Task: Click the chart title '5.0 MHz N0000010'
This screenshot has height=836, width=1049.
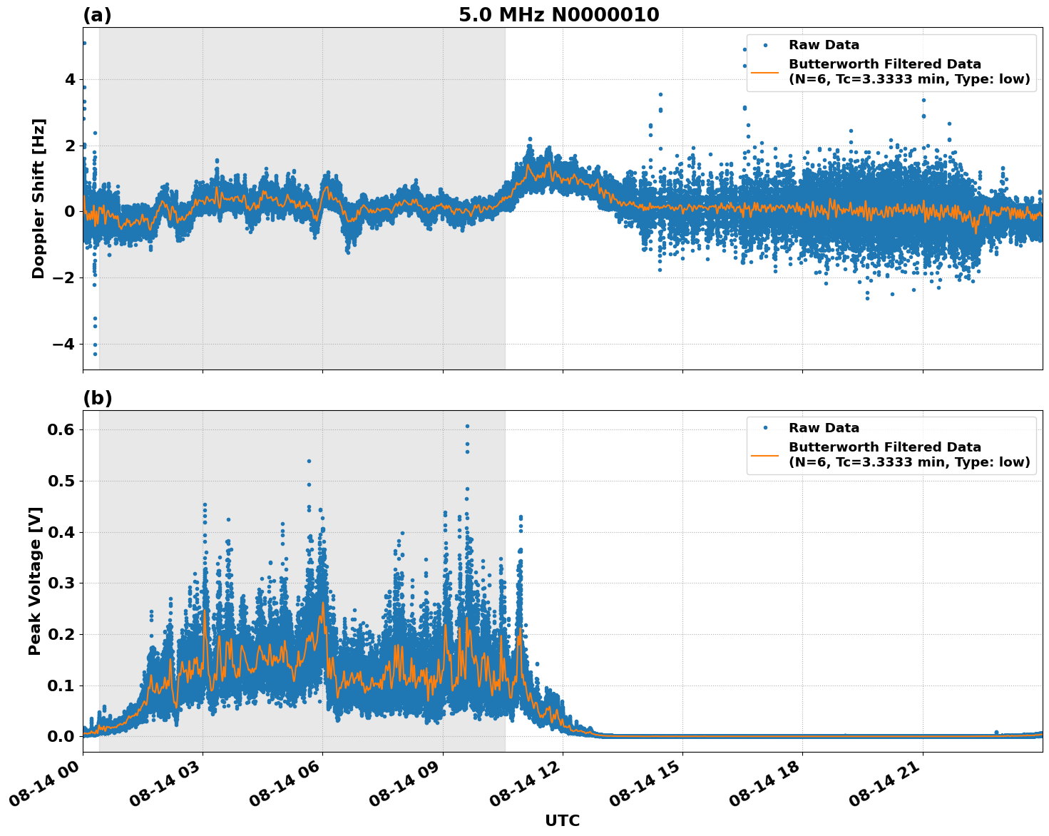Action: [x=558, y=15]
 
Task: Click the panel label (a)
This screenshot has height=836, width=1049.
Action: [x=97, y=15]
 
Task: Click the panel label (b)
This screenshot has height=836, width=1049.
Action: [x=97, y=398]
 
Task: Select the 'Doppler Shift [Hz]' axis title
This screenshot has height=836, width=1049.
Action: [x=39, y=198]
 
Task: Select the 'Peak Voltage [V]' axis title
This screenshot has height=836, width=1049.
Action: [x=35, y=581]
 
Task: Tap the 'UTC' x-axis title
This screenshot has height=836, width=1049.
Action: [x=562, y=820]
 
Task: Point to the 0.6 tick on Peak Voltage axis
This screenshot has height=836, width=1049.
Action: [x=62, y=429]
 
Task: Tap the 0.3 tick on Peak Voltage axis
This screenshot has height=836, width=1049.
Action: [x=62, y=583]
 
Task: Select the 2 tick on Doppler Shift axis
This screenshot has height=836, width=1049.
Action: [x=69, y=146]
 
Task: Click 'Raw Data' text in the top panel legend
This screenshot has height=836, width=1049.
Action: [x=824, y=45]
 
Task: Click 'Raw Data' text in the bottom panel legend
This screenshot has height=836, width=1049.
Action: [x=824, y=428]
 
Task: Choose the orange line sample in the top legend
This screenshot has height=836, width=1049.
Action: [x=764, y=71]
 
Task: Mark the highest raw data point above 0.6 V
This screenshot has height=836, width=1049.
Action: [x=467, y=426]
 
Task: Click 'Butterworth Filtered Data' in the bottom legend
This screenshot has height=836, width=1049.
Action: [x=884, y=447]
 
